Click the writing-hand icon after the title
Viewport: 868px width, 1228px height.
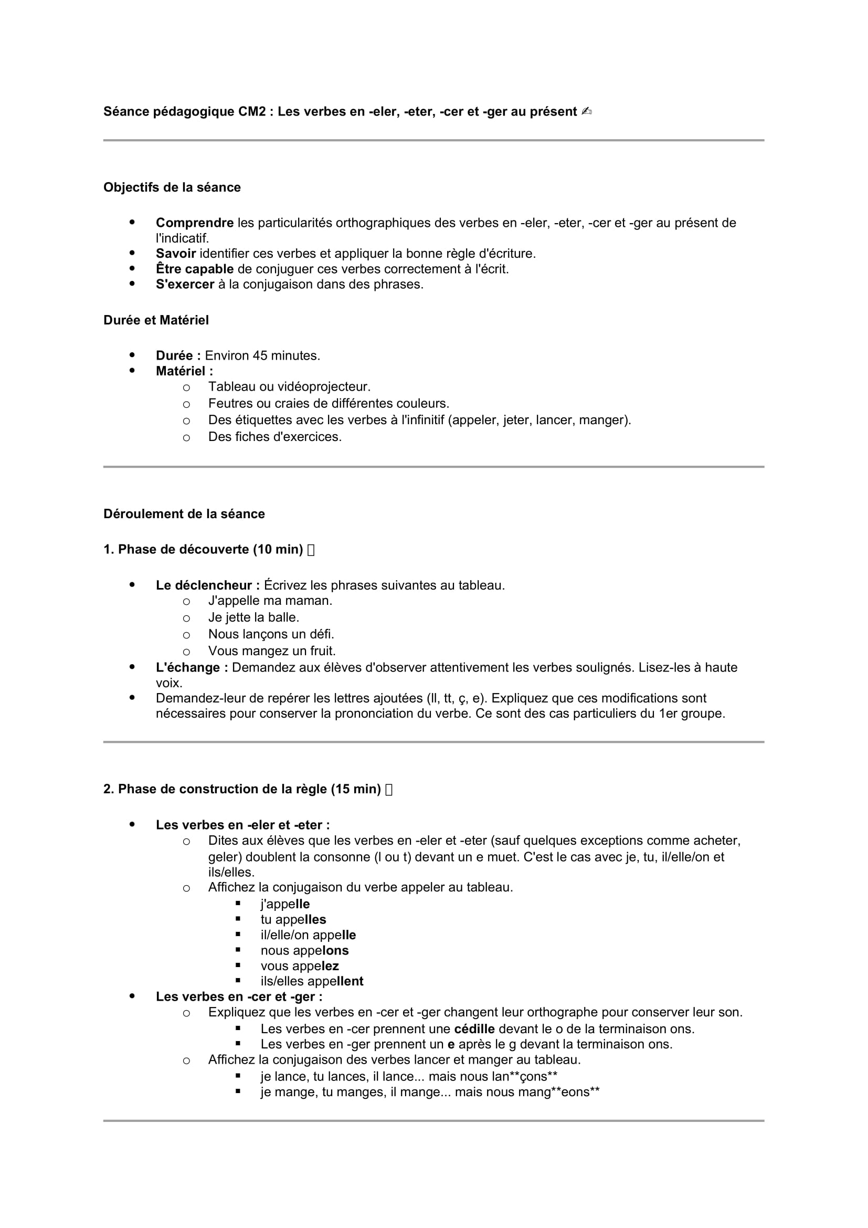pos(586,111)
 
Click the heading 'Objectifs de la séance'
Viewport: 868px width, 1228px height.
pos(172,187)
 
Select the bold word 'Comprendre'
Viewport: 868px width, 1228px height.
pos(195,223)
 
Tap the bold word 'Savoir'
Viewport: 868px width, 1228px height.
pos(175,254)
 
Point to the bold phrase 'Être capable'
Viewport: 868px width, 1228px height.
pos(195,269)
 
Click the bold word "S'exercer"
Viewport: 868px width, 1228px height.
pos(185,285)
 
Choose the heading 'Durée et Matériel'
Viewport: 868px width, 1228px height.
pos(156,320)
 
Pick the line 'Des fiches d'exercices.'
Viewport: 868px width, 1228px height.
pos(274,437)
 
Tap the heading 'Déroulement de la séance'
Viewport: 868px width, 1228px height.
pos(184,514)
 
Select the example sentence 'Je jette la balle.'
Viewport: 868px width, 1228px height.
pos(253,617)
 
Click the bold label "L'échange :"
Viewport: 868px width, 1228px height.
pos(192,667)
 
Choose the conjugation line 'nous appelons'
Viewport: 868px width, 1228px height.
pos(304,950)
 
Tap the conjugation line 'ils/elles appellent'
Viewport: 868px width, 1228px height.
pos(312,981)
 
